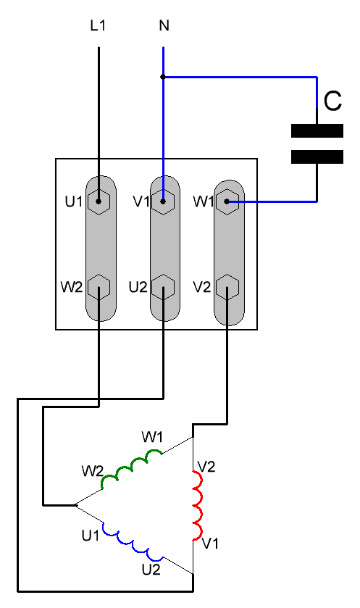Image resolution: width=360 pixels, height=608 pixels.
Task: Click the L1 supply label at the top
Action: coord(98,25)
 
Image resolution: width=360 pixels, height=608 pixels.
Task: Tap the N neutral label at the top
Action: coord(164,25)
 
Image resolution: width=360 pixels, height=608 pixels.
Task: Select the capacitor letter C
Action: coord(332,101)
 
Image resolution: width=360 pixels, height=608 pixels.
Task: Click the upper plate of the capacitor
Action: coord(317,130)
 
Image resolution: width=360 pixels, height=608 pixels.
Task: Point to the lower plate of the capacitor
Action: coord(317,157)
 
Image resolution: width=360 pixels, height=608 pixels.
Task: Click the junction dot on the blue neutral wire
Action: coord(163,77)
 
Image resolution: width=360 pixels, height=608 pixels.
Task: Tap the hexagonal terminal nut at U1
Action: coord(99,201)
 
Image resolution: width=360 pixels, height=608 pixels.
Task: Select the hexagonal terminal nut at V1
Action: coord(163,201)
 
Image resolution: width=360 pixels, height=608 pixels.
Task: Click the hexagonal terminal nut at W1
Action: coord(227,201)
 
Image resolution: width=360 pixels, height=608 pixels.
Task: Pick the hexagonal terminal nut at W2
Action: coord(99,287)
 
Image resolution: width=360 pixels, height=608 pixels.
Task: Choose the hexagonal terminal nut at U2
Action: coord(163,287)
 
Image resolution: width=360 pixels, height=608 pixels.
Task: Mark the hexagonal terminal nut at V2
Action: coord(227,287)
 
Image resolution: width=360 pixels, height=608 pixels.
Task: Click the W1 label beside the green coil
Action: coord(152,437)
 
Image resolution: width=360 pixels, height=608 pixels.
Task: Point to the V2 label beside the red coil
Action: coord(206,467)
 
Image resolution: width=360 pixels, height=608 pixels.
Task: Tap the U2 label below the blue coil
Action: coord(151,570)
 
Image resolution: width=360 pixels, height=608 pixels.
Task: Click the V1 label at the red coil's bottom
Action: coord(210,544)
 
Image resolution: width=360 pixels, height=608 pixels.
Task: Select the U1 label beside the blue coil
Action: coord(91,536)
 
